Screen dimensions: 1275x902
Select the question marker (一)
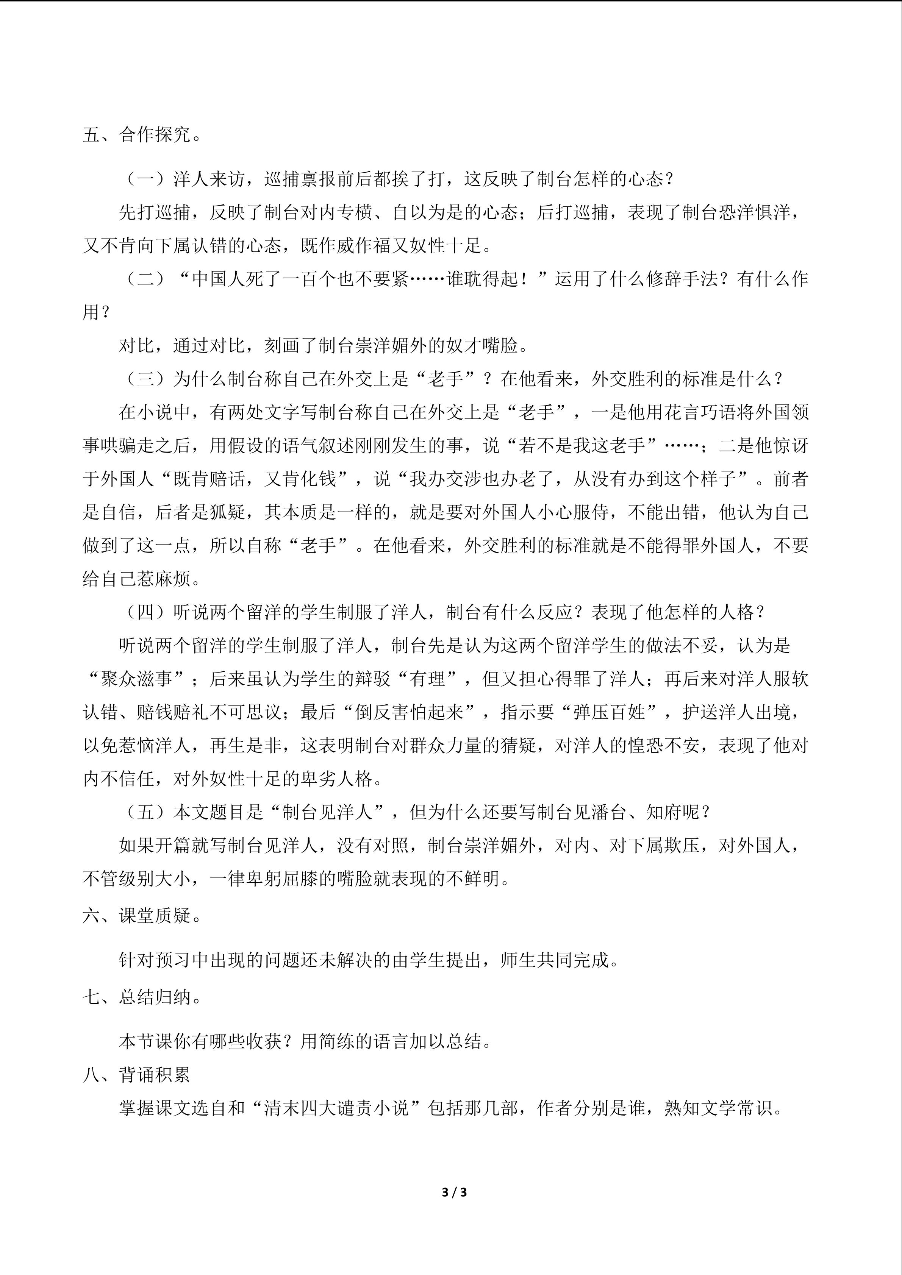pos(145,179)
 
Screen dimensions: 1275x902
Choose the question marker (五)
pos(145,812)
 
